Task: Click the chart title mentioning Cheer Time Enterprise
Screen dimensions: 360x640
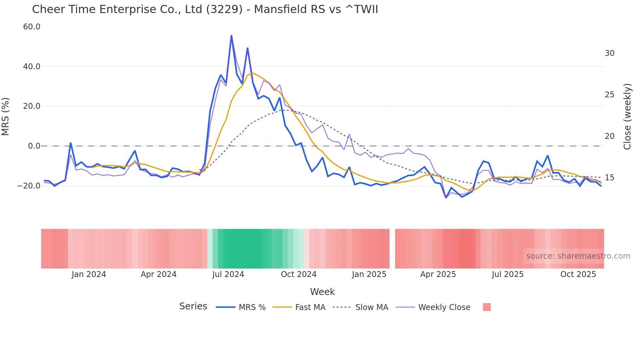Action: pos(205,9)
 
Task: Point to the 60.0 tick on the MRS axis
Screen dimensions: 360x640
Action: pos(32,27)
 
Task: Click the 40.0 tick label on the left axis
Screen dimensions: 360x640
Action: pos(32,67)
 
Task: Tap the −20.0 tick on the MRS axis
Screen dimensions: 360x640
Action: pos(29,186)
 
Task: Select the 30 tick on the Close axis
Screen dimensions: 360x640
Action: pos(609,53)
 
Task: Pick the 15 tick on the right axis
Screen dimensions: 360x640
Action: pos(609,178)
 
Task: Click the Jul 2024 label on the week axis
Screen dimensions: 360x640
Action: pos(228,274)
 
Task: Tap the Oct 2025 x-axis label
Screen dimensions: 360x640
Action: pos(578,274)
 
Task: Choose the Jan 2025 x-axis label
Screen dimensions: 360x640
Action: pos(369,274)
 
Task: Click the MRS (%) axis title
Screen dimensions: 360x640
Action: pos(6,116)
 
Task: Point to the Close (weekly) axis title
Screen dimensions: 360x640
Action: pos(627,116)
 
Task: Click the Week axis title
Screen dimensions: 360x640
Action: pos(322,292)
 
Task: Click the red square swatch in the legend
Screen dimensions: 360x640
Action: pos(487,307)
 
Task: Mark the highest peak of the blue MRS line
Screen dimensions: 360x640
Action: pos(232,36)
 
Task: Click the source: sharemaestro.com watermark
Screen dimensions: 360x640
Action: pos(578,256)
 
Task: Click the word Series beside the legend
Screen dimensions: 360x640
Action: pos(193,306)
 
